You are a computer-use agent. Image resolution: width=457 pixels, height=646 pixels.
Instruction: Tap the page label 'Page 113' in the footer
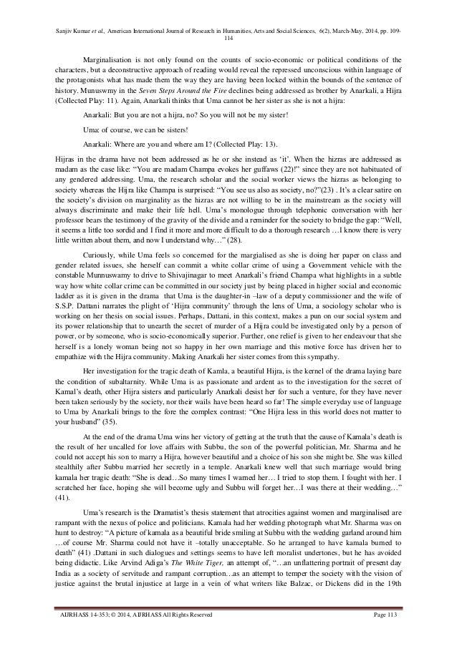(x=389, y=617)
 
